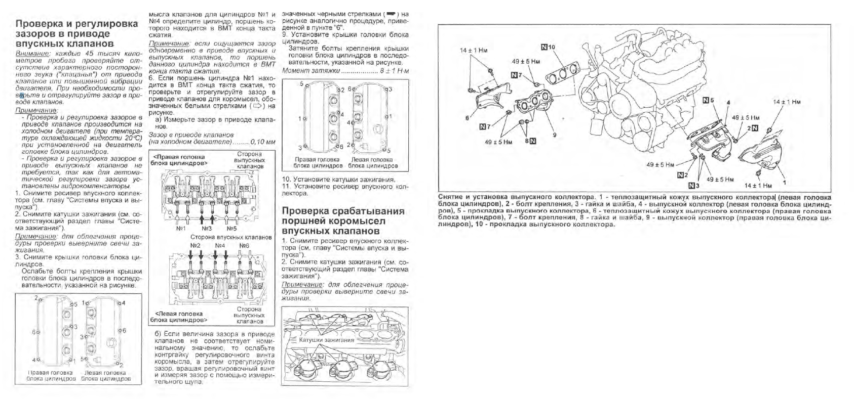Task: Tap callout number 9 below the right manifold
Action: point(555,135)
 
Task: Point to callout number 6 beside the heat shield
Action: point(468,118)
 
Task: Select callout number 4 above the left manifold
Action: point(728,103)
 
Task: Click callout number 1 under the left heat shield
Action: point(784,183)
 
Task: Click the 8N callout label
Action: point(530,142)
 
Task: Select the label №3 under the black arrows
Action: point(206,228)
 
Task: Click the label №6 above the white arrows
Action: point(244,245)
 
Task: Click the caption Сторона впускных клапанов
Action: point(224,237)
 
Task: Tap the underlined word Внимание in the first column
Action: point(33,53)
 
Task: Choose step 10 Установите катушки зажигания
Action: point(338,179)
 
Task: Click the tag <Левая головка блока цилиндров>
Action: point(179,317)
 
